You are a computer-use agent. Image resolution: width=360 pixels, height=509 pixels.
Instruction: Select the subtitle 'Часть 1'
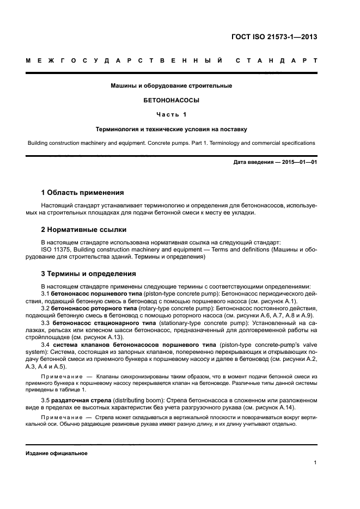[x=171, y=115]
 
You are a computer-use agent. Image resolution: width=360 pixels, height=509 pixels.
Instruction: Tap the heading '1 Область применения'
[x=82, y=193]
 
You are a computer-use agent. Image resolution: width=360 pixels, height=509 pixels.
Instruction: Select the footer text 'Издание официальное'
[x=57, y=453]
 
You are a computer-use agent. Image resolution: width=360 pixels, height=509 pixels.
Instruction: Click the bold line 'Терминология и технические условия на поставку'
[x=171, y=130]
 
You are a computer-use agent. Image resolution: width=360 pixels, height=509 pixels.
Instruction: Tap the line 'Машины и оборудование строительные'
[x=171, y=86]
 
